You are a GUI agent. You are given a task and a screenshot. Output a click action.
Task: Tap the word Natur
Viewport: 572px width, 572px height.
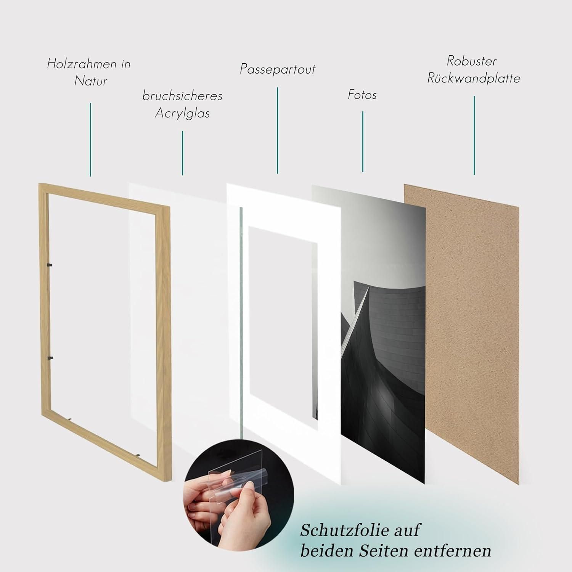tap(91, 81)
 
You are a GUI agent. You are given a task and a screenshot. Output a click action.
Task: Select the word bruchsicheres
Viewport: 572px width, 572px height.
tap(182, 96)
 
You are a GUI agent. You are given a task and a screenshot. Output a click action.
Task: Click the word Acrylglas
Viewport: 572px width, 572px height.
tap(182, 113)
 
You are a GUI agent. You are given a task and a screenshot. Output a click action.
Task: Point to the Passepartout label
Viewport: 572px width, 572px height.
tap(278, 69)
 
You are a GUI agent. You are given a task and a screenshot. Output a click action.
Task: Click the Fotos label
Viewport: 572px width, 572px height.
tap(362, 95)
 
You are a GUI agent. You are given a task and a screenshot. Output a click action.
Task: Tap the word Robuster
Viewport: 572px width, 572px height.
tap(472, 61)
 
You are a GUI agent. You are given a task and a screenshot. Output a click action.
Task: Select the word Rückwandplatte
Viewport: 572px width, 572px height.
tap(474, 78)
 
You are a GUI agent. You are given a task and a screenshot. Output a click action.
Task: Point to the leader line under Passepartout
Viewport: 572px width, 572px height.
tap(278, 130)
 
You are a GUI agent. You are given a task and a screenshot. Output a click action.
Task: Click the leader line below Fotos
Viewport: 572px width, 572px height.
tap(363, 141)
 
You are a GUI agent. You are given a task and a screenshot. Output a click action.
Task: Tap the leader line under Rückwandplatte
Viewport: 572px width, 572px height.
tap(474, 135)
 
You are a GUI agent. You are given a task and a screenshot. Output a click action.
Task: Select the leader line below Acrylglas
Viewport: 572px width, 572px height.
tap(183, 153)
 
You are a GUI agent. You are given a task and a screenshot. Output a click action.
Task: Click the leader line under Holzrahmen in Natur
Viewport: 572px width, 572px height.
tap(90, 140)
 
